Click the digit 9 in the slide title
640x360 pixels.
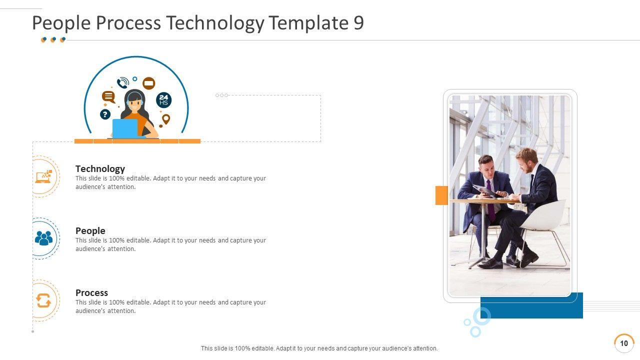click(358, 22)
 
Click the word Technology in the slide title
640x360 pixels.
click(215, 23)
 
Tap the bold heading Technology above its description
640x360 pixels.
click(100, 169)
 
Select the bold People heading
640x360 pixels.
click(90, 230)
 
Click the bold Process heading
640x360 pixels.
click(91, 292)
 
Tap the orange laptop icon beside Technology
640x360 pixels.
click(43, 177)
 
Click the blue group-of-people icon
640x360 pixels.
click(43, 238)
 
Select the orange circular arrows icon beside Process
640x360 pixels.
click(43, 300)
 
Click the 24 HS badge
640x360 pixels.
click(163, 100)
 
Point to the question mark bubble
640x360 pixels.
click(105, 114)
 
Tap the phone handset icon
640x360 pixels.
click(123, 83)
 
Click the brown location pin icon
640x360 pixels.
click(165, 119)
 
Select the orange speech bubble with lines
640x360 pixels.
click(108, 97)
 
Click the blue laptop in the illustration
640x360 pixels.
click(125, 128)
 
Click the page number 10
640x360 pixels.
click(624, 343)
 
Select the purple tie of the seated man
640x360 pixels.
click(490, 201)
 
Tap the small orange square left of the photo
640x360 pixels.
click(441, 195)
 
